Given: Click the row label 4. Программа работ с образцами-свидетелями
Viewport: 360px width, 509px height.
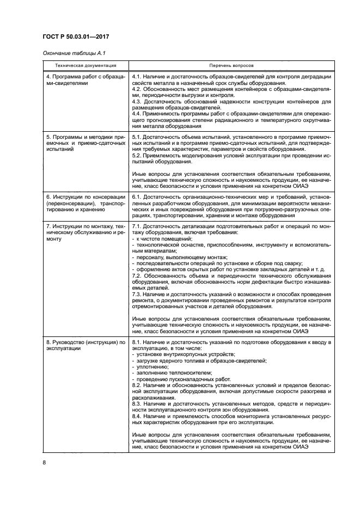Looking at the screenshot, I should (x=85, y=80).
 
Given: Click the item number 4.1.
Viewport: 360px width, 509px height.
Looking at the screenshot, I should (x=138, y=77).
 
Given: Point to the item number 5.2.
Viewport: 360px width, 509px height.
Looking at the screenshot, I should (x=138, y=155).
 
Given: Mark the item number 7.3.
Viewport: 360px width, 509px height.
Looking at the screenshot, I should (x=138, y=294).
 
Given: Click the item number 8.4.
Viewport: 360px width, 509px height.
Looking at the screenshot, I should (x=138, y=416).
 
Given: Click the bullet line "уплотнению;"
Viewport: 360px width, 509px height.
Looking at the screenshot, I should (x=152, y=367).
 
